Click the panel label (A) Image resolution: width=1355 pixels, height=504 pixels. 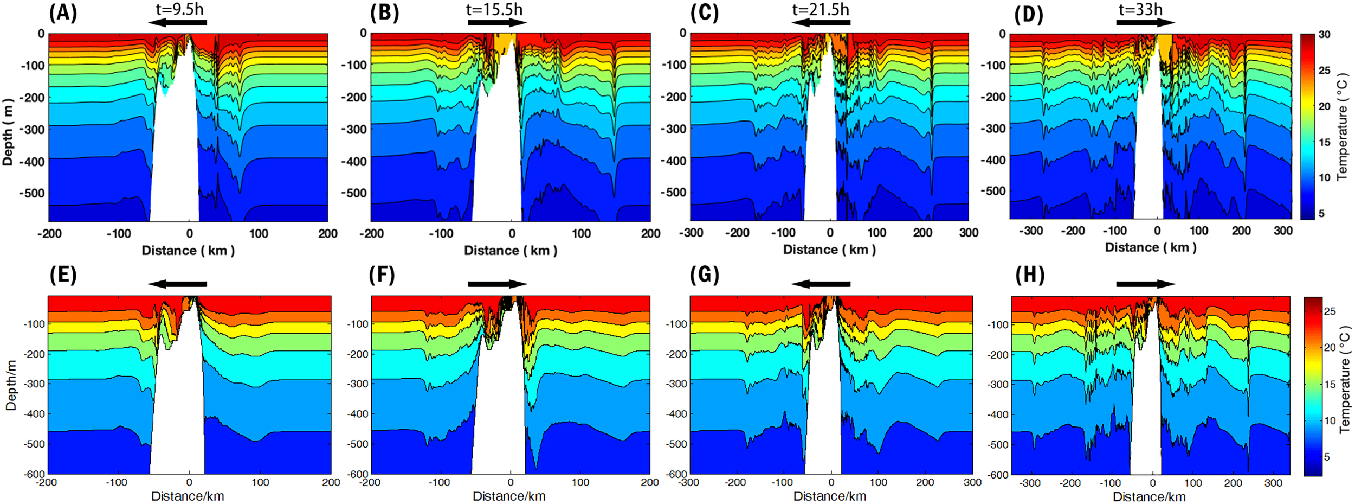(x=63, y=12)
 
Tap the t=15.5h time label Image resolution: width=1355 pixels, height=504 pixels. (x=494, y=9)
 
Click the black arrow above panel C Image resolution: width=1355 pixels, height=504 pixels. (x=821, y=23)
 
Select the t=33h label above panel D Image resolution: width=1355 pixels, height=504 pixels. (x=1140, y=9)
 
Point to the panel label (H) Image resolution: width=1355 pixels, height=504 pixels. (x=1030, y=275)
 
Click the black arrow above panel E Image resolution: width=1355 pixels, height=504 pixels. (x=177, y=284)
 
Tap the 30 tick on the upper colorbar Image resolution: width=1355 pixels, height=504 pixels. (x=1324, y=35)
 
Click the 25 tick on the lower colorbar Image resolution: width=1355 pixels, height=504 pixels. (x=1329, y=311)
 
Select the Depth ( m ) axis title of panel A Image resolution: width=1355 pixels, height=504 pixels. (x=8, y=132)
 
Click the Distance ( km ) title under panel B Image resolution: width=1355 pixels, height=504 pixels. (x=510, y=251)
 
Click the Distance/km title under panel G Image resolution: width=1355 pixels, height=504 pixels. (x=829, y=496)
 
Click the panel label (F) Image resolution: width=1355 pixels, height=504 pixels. (x=382, y=275)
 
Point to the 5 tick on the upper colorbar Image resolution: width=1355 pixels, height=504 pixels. (x=1321, y=214)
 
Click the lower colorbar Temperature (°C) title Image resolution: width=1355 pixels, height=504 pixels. (x=1344, y=379)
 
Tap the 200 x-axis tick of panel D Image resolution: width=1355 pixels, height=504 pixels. (x=1241, y=231)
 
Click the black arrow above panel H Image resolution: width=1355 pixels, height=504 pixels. (x=1145, y=284)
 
